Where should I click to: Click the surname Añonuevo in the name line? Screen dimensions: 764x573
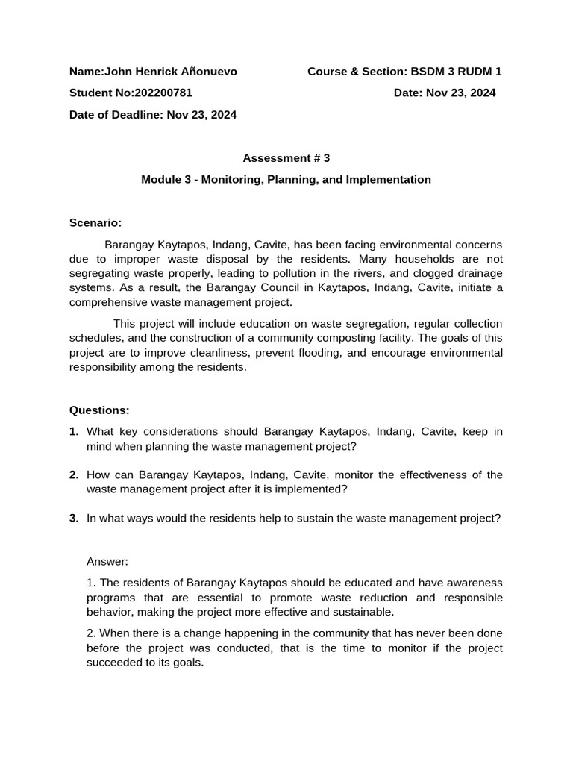204,72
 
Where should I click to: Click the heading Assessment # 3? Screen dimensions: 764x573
286,158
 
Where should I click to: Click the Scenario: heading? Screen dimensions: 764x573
95,222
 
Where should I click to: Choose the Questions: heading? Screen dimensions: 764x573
99,410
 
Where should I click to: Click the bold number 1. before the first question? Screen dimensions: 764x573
74,431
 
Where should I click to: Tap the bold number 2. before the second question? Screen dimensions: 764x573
74,475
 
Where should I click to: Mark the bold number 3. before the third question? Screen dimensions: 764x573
74,518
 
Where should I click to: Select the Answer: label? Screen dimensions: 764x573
107,560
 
